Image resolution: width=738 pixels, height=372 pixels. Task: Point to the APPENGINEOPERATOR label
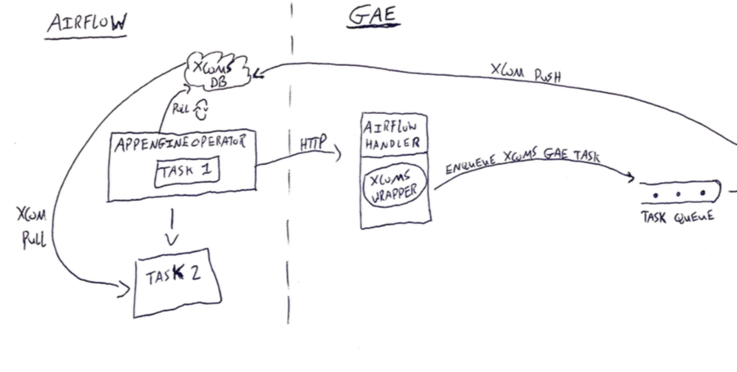pos(180,141)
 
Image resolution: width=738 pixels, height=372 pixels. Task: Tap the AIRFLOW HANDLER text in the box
pos(395,133)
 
